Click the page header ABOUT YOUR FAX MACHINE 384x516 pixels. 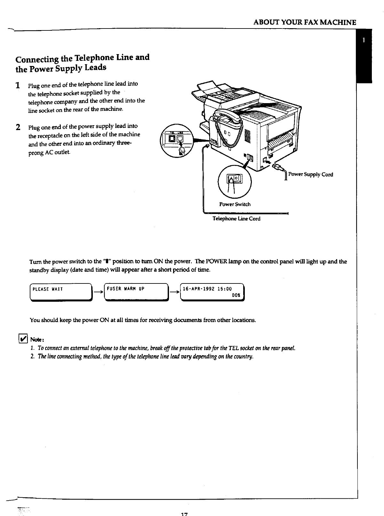click(x=304, y=22)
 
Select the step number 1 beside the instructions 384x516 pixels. click(x=19, y=85)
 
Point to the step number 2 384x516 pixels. click(x=19, y=127)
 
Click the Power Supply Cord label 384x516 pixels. click(x=310, y=174)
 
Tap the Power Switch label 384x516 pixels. click(x=235, y=204)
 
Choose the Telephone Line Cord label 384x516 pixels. click(x=236, y=219)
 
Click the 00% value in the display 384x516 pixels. click(x=236, y=296)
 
